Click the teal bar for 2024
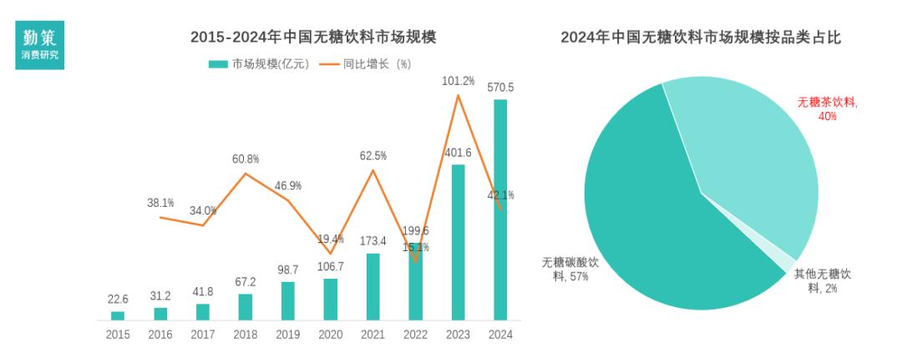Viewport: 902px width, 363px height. [500, 209]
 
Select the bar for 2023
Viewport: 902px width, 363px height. [458, 242]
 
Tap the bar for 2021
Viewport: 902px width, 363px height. [372, 286]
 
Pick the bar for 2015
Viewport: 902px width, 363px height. [118, 315]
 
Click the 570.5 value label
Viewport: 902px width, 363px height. [500, 88]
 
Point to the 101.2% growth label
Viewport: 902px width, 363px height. [458, 81]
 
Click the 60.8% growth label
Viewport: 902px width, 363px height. [246, 159]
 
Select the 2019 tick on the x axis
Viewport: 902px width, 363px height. [287, 335]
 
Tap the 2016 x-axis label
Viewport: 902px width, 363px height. [160, 335]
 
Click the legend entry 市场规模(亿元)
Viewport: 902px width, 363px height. [259, 63]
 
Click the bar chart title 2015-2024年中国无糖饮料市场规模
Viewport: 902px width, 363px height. [313, 37]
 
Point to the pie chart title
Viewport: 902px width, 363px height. [700, 37]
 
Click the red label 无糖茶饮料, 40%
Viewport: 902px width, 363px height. [827, 108]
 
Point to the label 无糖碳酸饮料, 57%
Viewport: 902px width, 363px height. [570, 269]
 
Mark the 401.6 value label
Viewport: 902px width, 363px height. [458, 153]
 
